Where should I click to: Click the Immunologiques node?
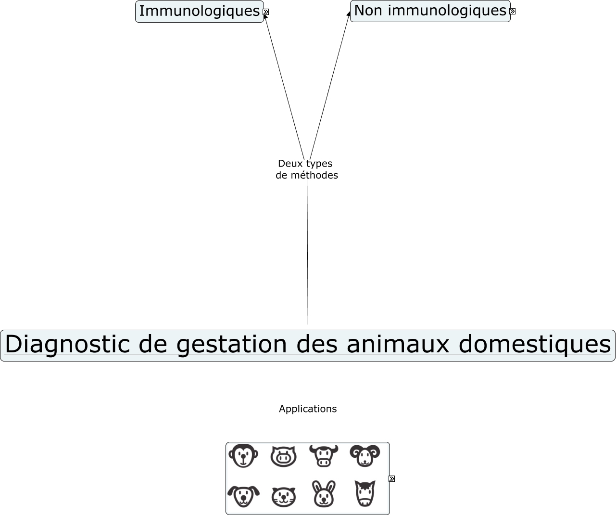[199, 11]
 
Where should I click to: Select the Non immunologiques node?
[430, 11]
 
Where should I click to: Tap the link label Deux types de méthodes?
[306, 169]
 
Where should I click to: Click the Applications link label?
[308, 409]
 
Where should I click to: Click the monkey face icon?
[243, 455]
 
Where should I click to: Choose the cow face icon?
[324, 455]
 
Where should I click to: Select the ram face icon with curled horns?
[365, 455]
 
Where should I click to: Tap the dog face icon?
[243, 495]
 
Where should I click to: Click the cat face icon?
[284, 496]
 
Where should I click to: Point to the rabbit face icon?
[324, 494]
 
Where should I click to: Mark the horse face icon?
[365, 494]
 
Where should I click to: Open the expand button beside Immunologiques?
[266, 12]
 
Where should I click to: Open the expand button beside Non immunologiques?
[513, 11]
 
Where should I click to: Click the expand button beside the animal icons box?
[392, 478]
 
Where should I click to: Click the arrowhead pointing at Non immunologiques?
[349, 14]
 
